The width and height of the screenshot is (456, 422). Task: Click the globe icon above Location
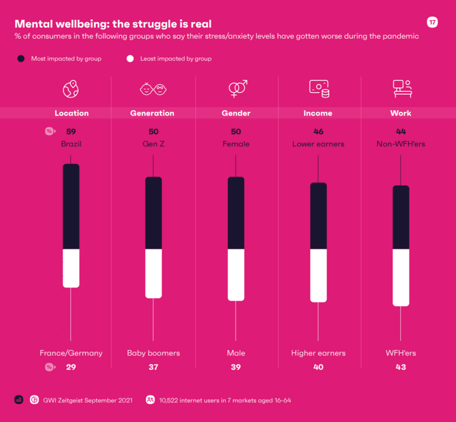71,89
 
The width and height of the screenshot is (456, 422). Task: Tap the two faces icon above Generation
153,89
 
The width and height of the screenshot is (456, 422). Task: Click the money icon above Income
319,89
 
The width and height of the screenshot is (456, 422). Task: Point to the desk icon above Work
402,89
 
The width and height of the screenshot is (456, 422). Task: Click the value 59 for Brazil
71,132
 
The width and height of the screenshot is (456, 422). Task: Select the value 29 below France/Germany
71,367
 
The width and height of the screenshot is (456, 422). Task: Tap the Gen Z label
153,144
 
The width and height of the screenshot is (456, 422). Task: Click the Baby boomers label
153,353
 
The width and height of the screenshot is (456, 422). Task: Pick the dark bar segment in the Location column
71,206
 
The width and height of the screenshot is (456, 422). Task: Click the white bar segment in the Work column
401,277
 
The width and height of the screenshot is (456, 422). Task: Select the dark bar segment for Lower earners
318,216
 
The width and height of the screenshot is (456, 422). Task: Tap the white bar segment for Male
236,275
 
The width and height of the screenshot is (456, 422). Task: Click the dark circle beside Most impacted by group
21,59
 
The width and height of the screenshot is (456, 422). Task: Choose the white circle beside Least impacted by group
130,59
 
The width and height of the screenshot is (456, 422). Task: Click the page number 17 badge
432,22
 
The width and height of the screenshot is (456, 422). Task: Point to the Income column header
318,113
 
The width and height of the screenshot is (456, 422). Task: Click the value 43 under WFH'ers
401,367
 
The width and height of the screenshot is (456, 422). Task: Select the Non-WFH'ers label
401,144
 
